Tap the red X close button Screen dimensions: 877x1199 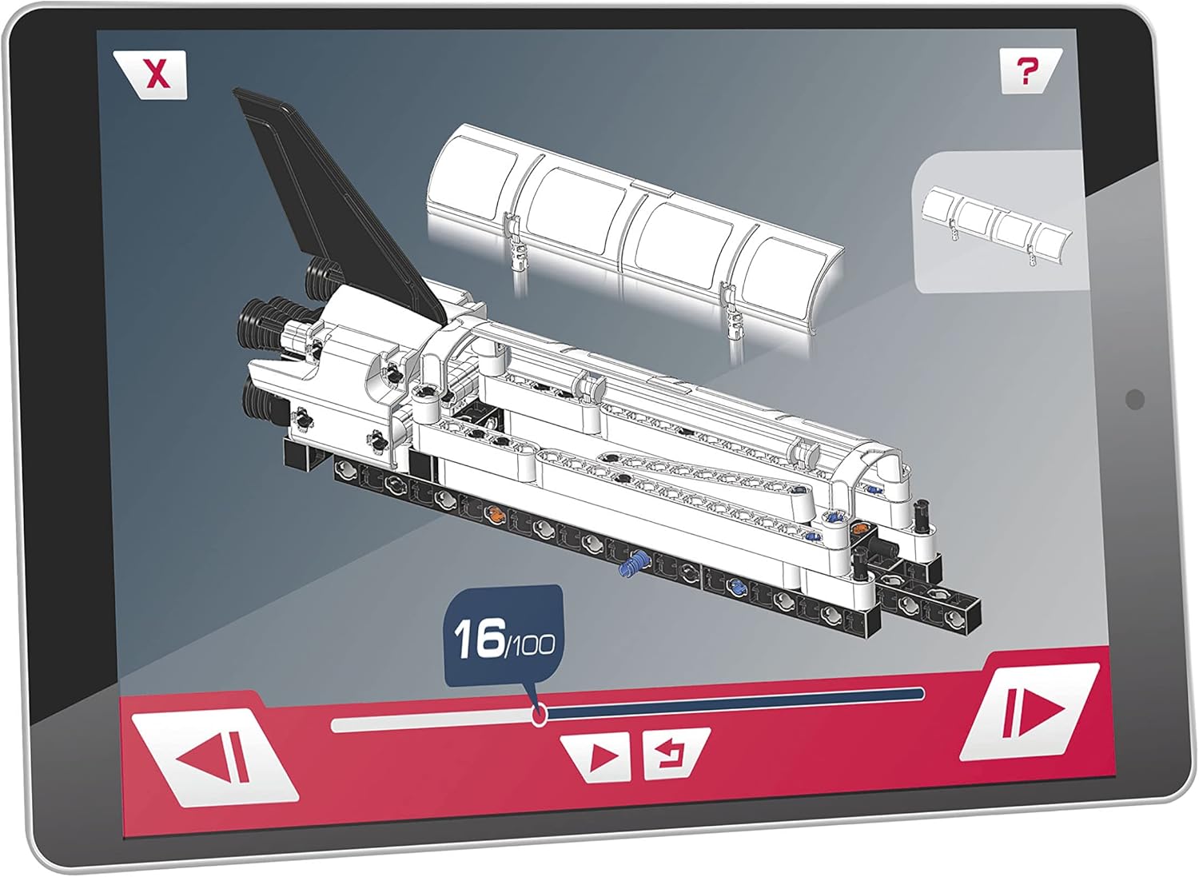click(x=157, y=74)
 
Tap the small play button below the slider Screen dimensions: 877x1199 click(x=602, y=755)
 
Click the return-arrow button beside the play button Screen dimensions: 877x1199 click(x=666, y=754)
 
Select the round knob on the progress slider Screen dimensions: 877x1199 click(x=540, y=714)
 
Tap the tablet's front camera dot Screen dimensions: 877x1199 click(x=1134, y=399)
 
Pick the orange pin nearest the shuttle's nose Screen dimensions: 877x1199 click(x=860, y=528)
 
